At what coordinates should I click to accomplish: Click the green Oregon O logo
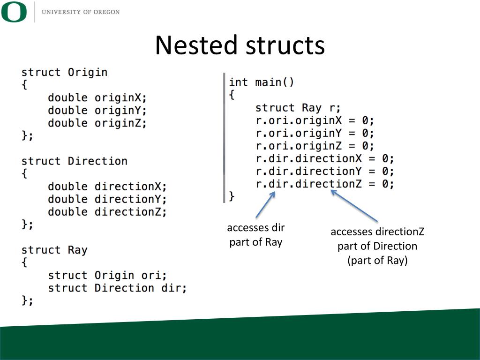pyautogui.click(x=14, y=12)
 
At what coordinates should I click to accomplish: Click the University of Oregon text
pyautogui.click(x=81, y=12)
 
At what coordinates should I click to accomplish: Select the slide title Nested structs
pyautogui.click(x=240, y=45)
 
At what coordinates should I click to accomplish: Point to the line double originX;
pyautogui.click(x=97, y=98)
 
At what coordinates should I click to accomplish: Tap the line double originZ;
pyautogui.click(x=97, y=123)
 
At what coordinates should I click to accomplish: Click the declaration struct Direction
pyautogui.click(x=74, y=161)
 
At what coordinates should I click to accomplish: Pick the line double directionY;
pyautogui.click(x=107, y=199)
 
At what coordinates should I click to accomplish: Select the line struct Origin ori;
pyautogui.click(x=107, y=275)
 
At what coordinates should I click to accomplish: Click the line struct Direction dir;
pyautogui.click(x=117, y=288)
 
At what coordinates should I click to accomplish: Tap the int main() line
pyautogui.click(x=261, y=82)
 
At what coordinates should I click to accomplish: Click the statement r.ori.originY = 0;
pyautogui.click(x=315, y=133)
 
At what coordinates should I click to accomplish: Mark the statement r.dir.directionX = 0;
pyautogui.click(x=325, y=158)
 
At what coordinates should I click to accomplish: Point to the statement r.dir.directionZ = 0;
pyautogui.click(x=325, y=184)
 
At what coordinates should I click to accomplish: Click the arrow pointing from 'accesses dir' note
pyautogui.click(x=265, y=204)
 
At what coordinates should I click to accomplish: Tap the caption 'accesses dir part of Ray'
pyautogui.click(x=256, y=235)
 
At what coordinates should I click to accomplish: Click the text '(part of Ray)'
pyautogui.click(x=377, y=261)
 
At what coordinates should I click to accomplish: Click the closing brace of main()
pyautogui.click(x=232, y=195)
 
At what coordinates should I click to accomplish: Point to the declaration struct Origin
pyautogui.click(x=64, y=72)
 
